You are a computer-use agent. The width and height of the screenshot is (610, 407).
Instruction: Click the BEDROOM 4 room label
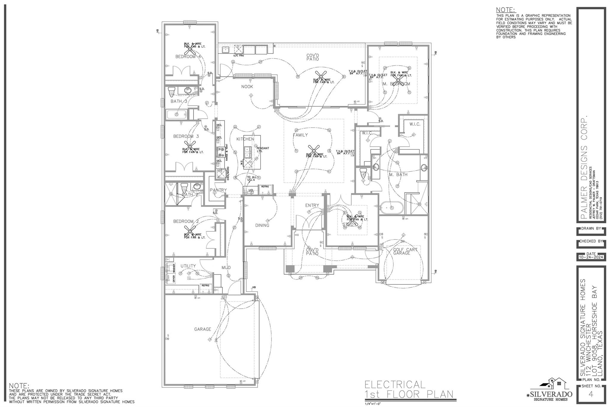point(188,57)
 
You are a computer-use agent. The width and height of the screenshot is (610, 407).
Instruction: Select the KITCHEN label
point(245,139)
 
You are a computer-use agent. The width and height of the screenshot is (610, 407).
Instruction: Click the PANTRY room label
point(218,190)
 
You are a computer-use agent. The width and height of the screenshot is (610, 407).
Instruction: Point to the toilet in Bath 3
point(171,92)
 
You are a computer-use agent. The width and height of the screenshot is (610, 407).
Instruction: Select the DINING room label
point(262,225)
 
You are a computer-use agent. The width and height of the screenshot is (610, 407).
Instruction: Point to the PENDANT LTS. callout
point(263,150)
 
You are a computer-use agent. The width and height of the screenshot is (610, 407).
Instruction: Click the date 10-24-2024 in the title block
point(591,257)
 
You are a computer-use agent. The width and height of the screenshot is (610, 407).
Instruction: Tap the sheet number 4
point(591,394)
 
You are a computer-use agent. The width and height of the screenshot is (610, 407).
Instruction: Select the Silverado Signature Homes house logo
point(554,385)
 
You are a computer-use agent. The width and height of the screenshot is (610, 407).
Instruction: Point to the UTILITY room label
point(188,266)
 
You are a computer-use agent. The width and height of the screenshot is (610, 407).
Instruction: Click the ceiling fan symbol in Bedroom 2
point(190,230)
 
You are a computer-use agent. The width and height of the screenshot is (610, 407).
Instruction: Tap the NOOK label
point(247,87)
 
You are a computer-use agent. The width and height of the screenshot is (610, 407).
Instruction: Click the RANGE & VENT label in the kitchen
point(227,152)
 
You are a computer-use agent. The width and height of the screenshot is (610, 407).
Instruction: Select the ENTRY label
point(312,205)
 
